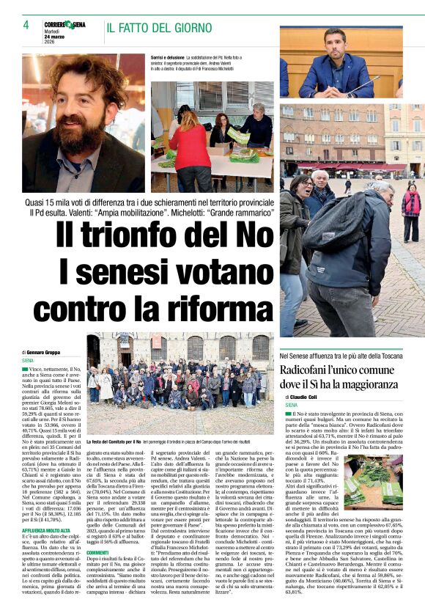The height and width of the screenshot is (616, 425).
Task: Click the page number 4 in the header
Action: tap(26, 26)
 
